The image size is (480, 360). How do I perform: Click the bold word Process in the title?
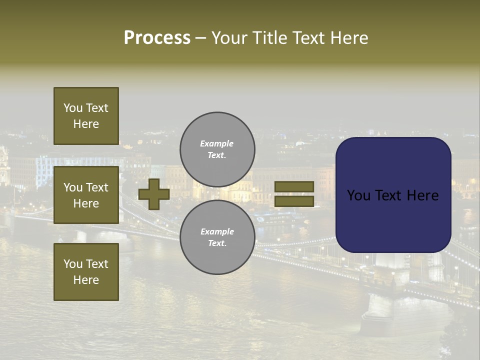pos(157,38)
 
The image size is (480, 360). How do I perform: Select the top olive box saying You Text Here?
pos(86,116)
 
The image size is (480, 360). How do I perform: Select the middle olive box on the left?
pos(86,195)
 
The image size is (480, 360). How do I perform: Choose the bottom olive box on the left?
pos(86,271)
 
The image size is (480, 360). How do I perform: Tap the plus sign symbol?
pos(154,194)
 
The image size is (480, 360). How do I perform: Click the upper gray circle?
pos(217,149)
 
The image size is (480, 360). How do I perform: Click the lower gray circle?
pos(217,237)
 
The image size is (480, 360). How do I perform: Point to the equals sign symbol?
pos(294,194)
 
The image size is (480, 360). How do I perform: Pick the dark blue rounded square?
pos(393,194)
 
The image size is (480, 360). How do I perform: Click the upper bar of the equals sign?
pos(294,186)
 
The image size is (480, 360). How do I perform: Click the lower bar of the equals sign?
pos(294,201)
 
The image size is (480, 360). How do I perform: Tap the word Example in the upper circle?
pos(217,143)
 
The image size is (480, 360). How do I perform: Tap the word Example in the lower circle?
pos(217,231)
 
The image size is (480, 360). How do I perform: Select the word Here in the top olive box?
pos(86,124)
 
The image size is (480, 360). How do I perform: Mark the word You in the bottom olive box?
pos(73,263)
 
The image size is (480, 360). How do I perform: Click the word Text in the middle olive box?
pos(96,187)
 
